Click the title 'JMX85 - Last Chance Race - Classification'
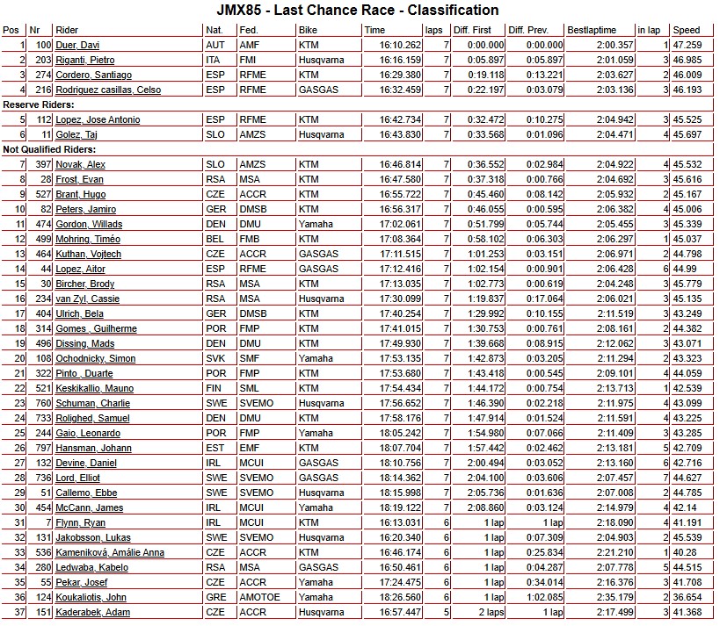pos(358,11)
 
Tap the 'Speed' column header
pos(687,29)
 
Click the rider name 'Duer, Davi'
pos(78,45)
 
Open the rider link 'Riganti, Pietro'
pos(85,60)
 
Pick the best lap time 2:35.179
pos(614,597)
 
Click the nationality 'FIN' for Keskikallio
pos(214,388)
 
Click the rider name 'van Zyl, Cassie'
pos(87,299)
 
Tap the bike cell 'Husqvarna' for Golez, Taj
pos(321,134)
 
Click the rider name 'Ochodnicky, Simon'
pos(96,358)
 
